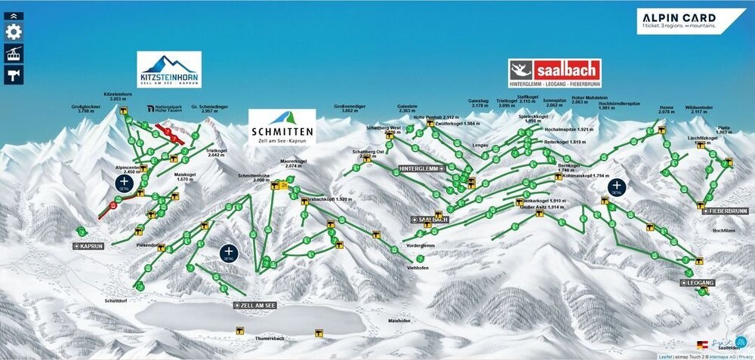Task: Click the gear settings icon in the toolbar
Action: point(14,32)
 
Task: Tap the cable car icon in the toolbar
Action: point(14,53)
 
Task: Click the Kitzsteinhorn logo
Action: point(169,69)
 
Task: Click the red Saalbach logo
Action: point(555,74)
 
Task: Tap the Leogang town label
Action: point(698,282)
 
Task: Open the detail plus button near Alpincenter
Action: point(124,182)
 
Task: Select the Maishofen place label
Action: point(399,320)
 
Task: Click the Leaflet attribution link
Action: point(664,356)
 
